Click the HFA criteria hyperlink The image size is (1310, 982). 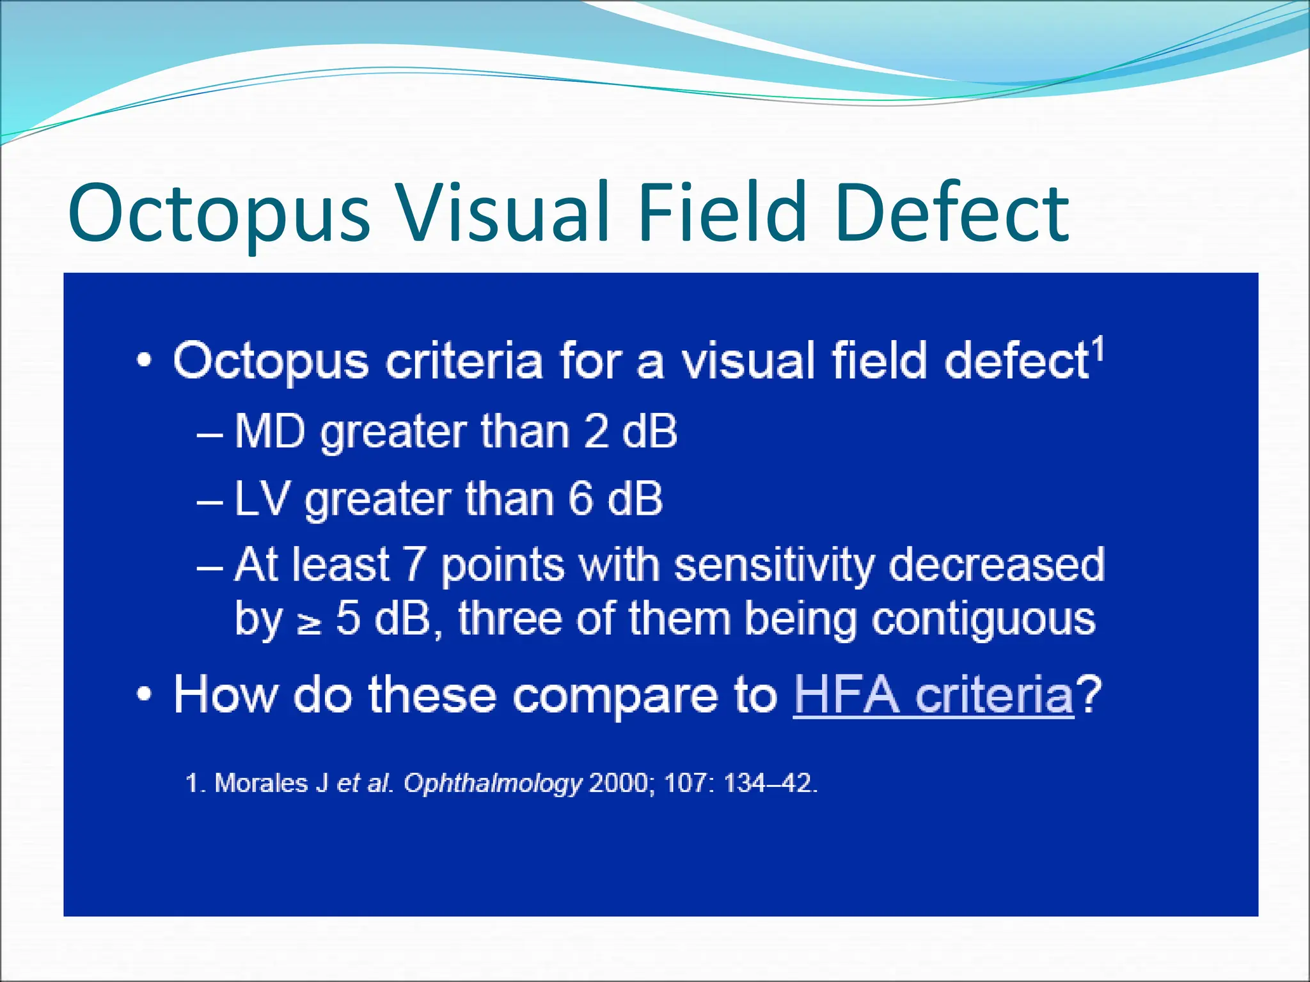tap(933, 695)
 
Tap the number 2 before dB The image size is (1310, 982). tap(596, 432)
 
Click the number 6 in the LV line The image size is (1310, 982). tap(581, 499)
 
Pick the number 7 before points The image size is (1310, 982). tap(414, 565)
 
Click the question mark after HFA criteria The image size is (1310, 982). tap(1089, 695)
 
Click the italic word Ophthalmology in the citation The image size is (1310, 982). tap(493, 784)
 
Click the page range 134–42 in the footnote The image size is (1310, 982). tap(769, 783)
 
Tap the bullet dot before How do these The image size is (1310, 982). tap(145, 695)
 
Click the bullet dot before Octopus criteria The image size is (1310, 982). tap(145, 362)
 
